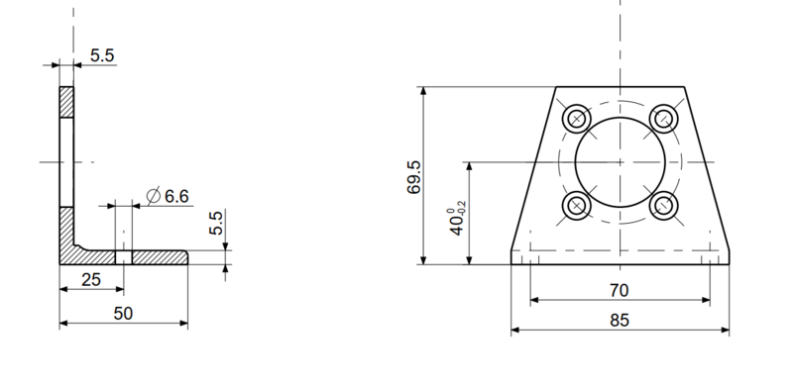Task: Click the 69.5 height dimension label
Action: [x=413, y=177]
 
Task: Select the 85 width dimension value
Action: [x=620, y=321]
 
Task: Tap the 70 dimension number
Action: [x=619, y=291]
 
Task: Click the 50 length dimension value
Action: [x=123, y=314]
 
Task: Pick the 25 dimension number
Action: [x=91, y=280]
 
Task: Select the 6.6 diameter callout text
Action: [x=176, y=196]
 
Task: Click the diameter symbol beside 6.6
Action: [x=154, y=196]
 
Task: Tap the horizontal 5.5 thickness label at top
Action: [x=102, y=55]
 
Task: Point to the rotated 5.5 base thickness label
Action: [x=216, y=223]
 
